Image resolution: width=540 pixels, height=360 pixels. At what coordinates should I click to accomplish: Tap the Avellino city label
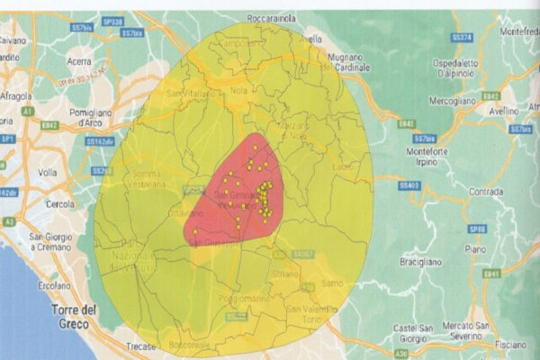501,112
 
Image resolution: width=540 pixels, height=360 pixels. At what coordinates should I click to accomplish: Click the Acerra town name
79,61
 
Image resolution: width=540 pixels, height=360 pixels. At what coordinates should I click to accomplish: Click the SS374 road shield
462,37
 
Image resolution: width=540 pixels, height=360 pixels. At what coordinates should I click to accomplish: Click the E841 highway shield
490,273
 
